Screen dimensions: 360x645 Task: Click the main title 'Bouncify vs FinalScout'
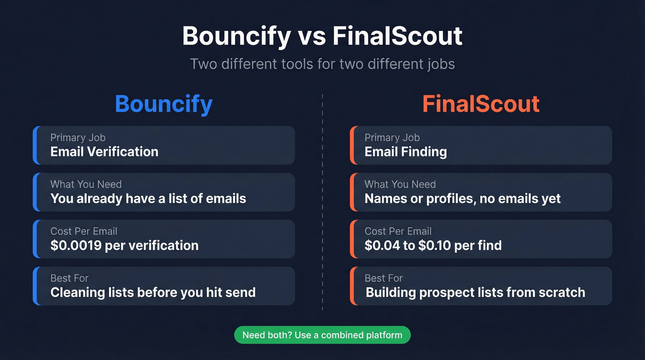coord(322,36)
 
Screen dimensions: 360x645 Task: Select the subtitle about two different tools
coord(322,63)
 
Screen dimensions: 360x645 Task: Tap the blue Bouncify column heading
coord(164,104)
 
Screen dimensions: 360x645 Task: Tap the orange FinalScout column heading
coord(481,104)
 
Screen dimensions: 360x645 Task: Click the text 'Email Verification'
coord(104,152)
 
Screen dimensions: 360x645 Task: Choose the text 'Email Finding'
coord(405,152)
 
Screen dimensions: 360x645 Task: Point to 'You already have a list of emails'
coord(148,199)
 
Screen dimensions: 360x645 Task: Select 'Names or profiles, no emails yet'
coord(463,199)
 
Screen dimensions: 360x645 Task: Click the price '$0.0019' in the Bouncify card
coord(76,245)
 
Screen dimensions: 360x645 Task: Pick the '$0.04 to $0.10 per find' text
coord(433,245)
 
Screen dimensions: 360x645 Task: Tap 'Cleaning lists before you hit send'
coord(152,292)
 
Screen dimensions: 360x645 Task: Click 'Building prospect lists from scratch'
coord(475,292)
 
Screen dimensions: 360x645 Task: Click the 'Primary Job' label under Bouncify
coord(78,137)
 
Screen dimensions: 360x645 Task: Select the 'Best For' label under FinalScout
coord(383,278)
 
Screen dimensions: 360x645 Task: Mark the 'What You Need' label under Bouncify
coord(86,184)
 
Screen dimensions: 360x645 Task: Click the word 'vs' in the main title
coord(312,36)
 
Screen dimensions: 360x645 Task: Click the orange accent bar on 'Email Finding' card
coord(352,145)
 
